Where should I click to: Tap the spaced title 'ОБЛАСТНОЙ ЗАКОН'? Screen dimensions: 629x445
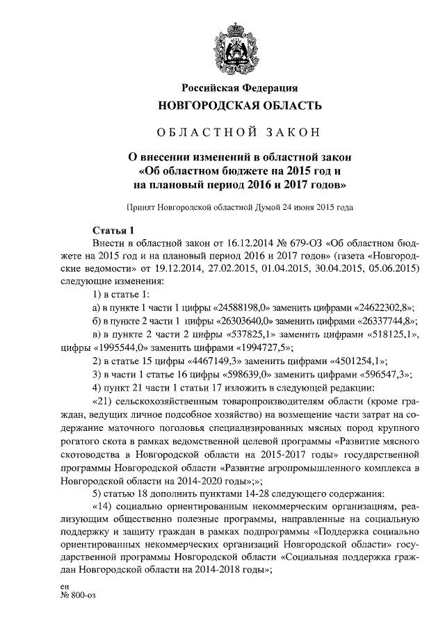pyautogui.click(x=240, y=132)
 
